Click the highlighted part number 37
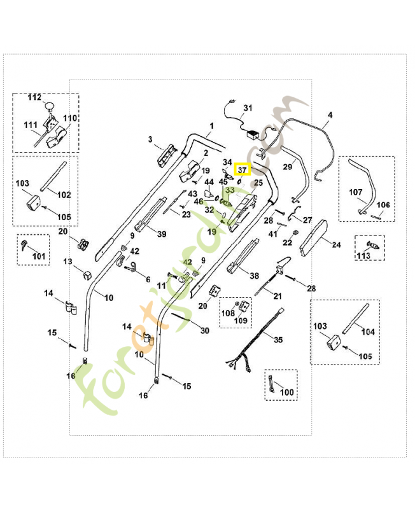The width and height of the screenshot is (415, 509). pos(243,170)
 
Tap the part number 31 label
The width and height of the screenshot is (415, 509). pos(248,108)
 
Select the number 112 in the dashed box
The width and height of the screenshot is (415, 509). pos(34,97)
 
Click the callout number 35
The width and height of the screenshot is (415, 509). pos(278,340)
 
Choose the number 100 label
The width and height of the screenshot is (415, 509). pos(287,393)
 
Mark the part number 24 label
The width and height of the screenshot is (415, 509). pos(336,244)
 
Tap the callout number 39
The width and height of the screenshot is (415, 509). pos(162,234)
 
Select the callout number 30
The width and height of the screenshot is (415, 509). pos(204,331)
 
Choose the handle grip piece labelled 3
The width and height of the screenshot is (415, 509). pos(167,153)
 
